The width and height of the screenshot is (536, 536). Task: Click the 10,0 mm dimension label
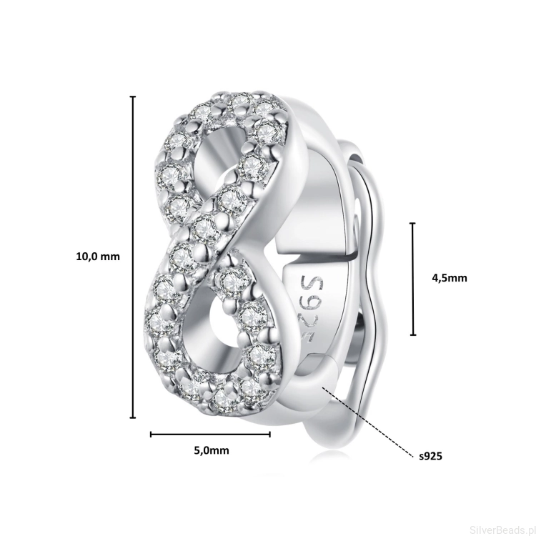pyautogui.click(x=98, y=257)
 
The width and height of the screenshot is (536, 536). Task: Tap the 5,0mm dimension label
pyautogui.click(x=212, y=450)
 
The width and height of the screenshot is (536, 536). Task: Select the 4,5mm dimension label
pyautogui.click(x=450, y=278)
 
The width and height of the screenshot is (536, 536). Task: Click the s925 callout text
pyautogui.click(x=431, y=456)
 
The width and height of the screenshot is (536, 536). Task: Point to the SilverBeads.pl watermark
pyautogui.click(x=502, y=530)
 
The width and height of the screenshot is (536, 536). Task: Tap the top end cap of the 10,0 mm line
pyautogui.click(x=133, y=97)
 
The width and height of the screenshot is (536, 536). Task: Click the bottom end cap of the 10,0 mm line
pyautogui.click(x=133, y=417)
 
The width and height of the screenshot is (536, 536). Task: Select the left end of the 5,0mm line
pyautogui.click(x=151, y=435)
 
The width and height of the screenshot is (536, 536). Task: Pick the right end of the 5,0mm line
pyautogui.click(x=270, y=435)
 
